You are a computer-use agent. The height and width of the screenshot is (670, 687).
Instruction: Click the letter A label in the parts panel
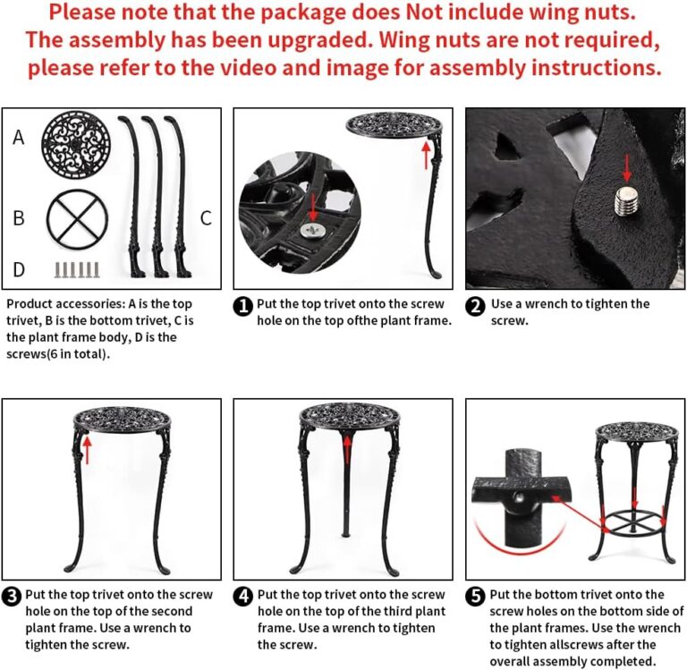pos(19,138)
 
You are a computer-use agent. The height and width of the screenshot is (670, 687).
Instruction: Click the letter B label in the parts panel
pos(19,217)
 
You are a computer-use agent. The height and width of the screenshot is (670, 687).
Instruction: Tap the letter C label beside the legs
pos(206,217)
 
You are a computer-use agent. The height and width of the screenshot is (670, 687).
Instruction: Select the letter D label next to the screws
pos(19,268)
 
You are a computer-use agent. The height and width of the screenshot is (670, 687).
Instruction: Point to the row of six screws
pos(77,267)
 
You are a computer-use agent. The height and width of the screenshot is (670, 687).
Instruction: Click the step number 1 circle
pos(242,306)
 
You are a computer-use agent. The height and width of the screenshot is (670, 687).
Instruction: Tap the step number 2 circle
pos(476,306)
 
